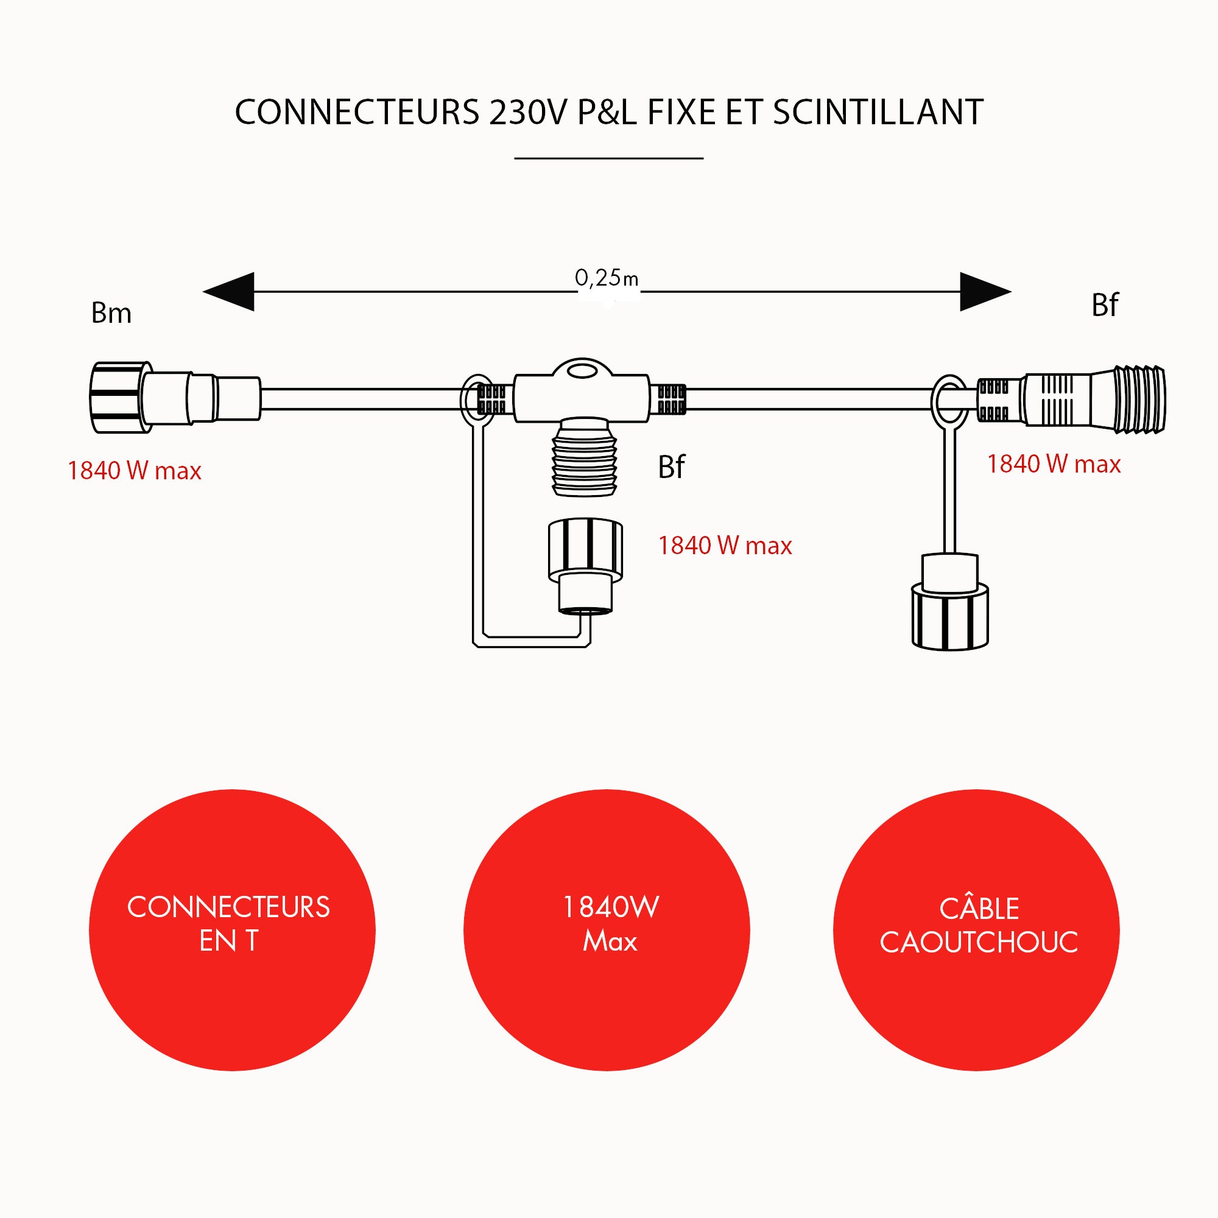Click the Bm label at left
click(111, 313)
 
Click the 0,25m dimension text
click(606, 278)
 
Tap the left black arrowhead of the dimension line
click(231, 292)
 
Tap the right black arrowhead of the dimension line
click(984, 292)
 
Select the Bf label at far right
click(1105, 306)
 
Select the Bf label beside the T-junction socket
click(671, 468)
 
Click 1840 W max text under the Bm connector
click(134, 471)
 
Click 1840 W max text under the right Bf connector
click(1054, 465)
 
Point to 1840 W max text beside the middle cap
click(724, 546)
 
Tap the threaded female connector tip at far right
click(1138, 400)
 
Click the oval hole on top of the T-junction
click(582, 370)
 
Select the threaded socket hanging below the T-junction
click(584, 457)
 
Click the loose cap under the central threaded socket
click(585, 565)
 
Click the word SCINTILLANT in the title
click(878, 113)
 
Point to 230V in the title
click(528, 113)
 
